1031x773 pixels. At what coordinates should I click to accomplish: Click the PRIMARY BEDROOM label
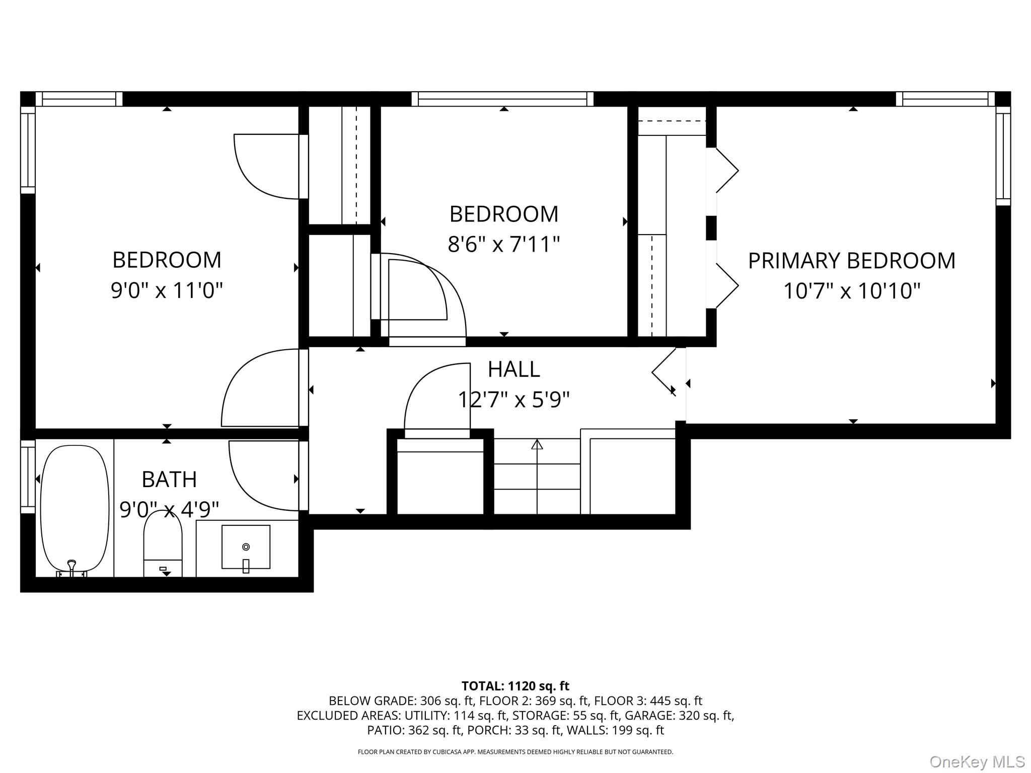851,261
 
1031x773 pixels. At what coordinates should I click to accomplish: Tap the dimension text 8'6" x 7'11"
503,245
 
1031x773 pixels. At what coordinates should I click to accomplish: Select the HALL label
513,369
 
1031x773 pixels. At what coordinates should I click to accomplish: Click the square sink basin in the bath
246,547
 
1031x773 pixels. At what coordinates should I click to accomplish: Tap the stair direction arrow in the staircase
537,445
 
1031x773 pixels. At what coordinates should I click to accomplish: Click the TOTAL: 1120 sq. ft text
515,686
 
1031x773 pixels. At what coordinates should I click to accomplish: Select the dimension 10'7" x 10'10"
851,291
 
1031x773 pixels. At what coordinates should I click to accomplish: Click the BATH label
169,480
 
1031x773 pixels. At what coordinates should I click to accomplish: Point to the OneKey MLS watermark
977,762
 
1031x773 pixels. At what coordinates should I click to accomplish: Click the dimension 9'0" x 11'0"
167,290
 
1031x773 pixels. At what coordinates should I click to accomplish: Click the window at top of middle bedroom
502,99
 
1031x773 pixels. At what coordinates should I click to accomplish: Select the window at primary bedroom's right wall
1003,156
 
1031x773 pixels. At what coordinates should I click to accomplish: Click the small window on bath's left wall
28,477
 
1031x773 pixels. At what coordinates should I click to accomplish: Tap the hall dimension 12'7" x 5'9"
513,400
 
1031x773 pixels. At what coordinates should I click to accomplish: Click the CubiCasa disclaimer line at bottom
515,752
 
